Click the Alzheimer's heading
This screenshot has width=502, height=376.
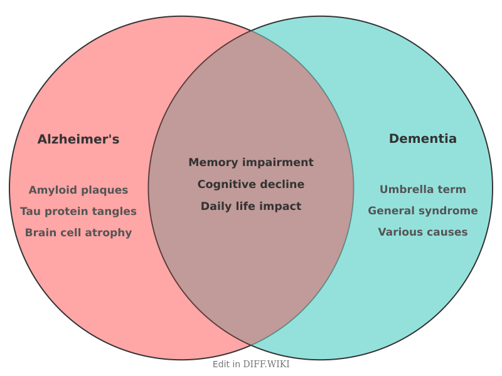pyautogui.click(x=78, y=139)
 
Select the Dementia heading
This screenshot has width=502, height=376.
pyautogui.click(x=423, y=138)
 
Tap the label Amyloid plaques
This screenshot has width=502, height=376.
pyautogui.click(x=78, y=190)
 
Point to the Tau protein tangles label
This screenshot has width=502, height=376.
pyautogui.click(x=78, y=211)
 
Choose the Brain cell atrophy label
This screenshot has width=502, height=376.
pyautogui.click(x=78, y=232)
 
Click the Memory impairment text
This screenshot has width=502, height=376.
pyautogui.click(x=251, y=162)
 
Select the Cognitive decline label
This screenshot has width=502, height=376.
pyautogui.click(x=251, y=184)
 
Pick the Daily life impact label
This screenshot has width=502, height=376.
pyautogui.click(x=251, y=206)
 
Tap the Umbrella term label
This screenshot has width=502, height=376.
pyautogui.click(x=423, y=189)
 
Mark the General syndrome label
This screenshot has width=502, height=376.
pyautogui.click(x=423, y=211)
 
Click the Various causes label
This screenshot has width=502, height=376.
pyautogui.click(x=423, y=232)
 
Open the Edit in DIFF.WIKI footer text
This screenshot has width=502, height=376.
pyautogui.click(x=251, y=364)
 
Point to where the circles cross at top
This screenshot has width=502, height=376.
pyautogui.click(x=251, y=30)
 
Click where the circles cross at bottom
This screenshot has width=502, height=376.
pyautogui.click(x=251, y=345)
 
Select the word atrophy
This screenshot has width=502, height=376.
pyautogui.click(x=111, y=232)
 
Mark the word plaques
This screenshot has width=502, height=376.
pyautogui.click(x=105, y=190)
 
